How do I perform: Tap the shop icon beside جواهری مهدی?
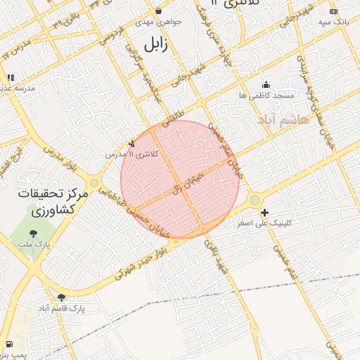pos(159,11)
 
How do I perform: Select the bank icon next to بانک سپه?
pos(333,12)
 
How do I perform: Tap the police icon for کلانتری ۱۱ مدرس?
pos(131,143)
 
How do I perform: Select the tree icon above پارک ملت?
pos(32,234)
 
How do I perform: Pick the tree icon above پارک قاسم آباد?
pos(61,297)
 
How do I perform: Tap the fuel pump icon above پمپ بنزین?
pos(9,344)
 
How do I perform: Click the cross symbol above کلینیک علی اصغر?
pos(264,212)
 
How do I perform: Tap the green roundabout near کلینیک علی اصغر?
pos(255,200)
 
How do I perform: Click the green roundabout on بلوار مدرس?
pos(94,183)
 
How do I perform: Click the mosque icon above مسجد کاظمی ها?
pos(265,84)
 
